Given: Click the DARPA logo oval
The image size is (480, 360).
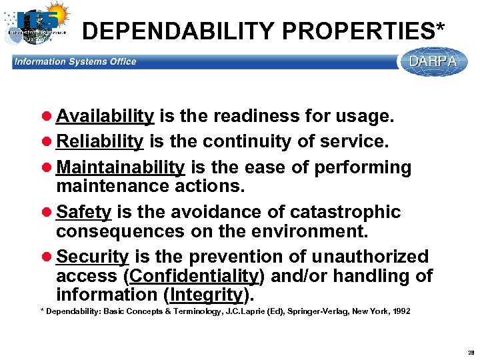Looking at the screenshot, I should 433,61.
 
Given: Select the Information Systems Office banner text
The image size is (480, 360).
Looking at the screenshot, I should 75,62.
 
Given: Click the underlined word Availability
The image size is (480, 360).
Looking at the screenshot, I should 105,116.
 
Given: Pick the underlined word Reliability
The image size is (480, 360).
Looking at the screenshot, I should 100,141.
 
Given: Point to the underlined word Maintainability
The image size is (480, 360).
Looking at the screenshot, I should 120,167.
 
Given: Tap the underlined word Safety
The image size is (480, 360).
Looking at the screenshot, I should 83,212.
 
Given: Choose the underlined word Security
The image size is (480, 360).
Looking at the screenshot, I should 92,257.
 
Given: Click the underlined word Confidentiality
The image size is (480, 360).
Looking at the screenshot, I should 194,275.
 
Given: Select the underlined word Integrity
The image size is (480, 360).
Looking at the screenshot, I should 207,294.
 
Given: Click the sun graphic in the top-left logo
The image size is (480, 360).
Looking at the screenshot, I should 56,13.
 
